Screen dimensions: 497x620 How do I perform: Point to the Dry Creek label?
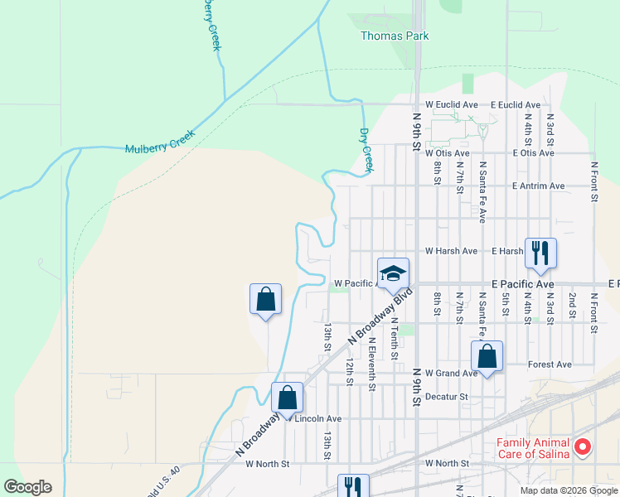click(366, 150)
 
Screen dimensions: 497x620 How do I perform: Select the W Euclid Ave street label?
click(452, 105)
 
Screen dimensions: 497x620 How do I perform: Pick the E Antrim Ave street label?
click(538, 186)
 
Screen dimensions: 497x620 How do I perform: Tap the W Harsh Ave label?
click(451, 251)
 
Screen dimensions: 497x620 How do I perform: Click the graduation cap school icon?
click(393, 272)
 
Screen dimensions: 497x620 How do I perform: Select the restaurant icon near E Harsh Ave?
click(540, 253)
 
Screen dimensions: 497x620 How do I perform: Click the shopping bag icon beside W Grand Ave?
click(487, 356)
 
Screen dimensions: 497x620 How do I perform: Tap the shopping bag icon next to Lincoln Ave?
click(287, 398)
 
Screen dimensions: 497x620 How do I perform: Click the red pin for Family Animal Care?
click(582, 447)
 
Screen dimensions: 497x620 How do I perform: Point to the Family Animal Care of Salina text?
click(532, 448)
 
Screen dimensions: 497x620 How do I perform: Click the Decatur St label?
click(447, 397)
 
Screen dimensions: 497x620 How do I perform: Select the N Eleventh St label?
click(372, 364)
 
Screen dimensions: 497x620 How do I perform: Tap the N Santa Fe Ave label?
click(482, 191)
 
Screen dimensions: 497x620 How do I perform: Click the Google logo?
click(27, 487)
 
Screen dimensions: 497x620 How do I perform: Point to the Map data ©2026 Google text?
click(568, 490)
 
